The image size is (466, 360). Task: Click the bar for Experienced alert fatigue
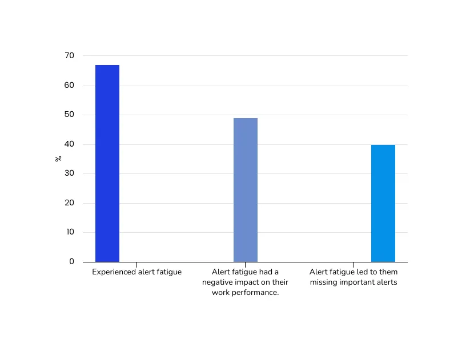(x=107, y=163)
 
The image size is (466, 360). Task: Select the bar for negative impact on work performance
(x=246, y=190)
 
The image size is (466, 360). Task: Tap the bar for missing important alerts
(x=383, y=203)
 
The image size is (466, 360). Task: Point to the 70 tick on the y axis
(x=69, y=55)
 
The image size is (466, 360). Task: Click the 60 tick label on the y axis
(x=69, y=85)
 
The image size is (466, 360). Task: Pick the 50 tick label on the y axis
(x=69, y=115)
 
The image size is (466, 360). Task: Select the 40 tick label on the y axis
(x=69, y=144)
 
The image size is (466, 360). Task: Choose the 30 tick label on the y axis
(x=69, y=173)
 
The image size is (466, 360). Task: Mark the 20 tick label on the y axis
(x=69, y=203)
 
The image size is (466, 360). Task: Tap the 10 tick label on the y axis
(x=69, y=232)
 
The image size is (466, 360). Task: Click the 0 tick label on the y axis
(x=71, y=261)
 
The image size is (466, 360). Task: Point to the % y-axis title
(x=58, y=158)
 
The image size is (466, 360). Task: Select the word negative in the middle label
(x=218, y=282)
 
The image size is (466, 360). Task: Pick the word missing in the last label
(x=326, y=282)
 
